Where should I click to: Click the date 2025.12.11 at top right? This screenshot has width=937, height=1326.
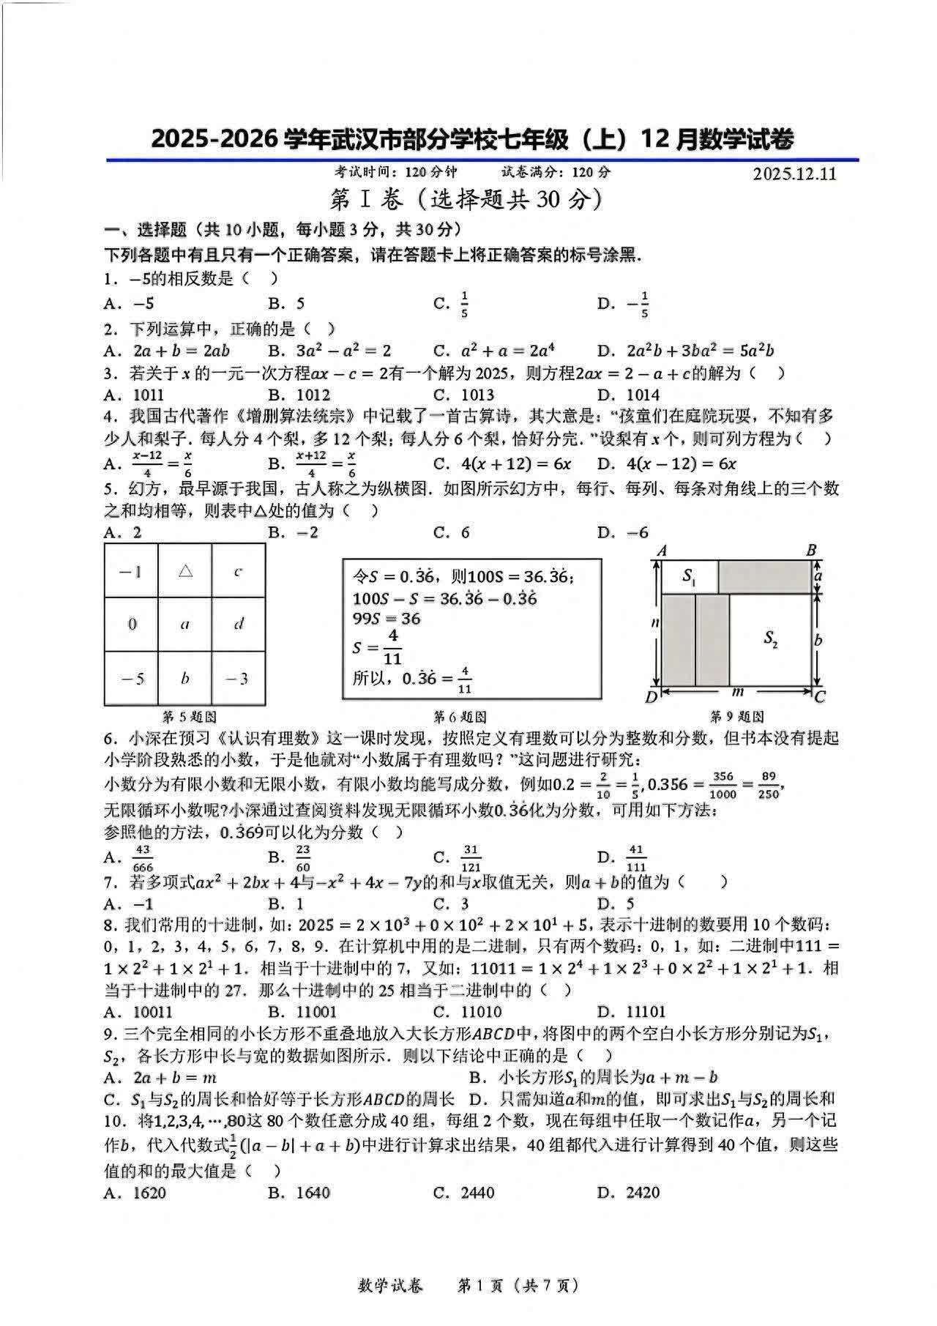794,174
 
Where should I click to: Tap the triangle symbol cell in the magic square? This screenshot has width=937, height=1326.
185,570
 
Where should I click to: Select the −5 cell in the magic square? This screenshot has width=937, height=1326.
132,679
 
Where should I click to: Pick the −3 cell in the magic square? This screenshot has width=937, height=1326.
238,679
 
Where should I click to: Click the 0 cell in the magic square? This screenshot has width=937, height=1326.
132,625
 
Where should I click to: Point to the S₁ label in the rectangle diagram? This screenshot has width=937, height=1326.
689,576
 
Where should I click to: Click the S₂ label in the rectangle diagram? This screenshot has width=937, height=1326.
771,639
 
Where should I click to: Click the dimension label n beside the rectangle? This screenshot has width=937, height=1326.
655,623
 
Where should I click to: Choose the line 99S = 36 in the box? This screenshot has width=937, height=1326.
387,619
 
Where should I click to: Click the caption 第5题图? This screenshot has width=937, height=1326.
189,717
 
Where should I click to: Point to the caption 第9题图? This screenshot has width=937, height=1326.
737,717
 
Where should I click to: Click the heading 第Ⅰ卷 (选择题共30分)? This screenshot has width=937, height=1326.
468,199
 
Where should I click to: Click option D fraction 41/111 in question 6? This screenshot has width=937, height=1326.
635,857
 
